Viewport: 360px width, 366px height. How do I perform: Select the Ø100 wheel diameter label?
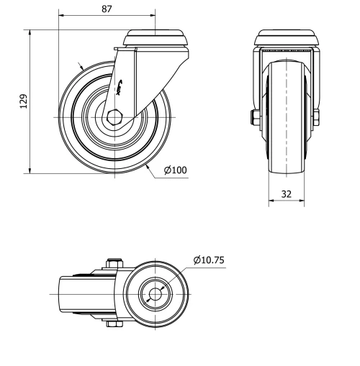[175, 170]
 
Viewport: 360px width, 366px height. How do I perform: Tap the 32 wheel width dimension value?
[287, 193]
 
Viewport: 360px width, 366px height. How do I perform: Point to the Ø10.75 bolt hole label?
[210, 260]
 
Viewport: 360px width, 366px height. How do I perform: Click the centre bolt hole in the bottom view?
[156, 294]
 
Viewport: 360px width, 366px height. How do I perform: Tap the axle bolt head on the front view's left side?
[254, 116]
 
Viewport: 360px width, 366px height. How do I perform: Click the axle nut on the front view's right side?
[318, 116]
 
